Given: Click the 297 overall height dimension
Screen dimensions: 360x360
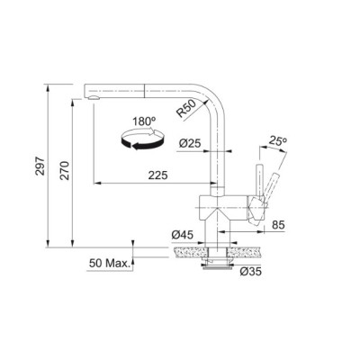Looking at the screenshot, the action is coord(40,166).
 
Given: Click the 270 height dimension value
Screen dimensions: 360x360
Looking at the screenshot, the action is coord(65,171).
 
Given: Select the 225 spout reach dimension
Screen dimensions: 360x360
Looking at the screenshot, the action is coord(157,175).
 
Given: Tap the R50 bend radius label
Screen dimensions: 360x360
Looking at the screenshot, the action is coord(186,109).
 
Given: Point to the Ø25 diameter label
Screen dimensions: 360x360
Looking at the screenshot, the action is coord(190,143).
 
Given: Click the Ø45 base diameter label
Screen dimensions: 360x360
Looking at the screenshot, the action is coord(183,235).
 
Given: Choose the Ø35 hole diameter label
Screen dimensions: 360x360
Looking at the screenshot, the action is coord(251,272).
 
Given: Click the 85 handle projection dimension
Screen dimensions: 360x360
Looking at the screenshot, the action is coord(278,225).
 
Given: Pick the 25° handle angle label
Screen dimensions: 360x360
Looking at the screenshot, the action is coord(278,140).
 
